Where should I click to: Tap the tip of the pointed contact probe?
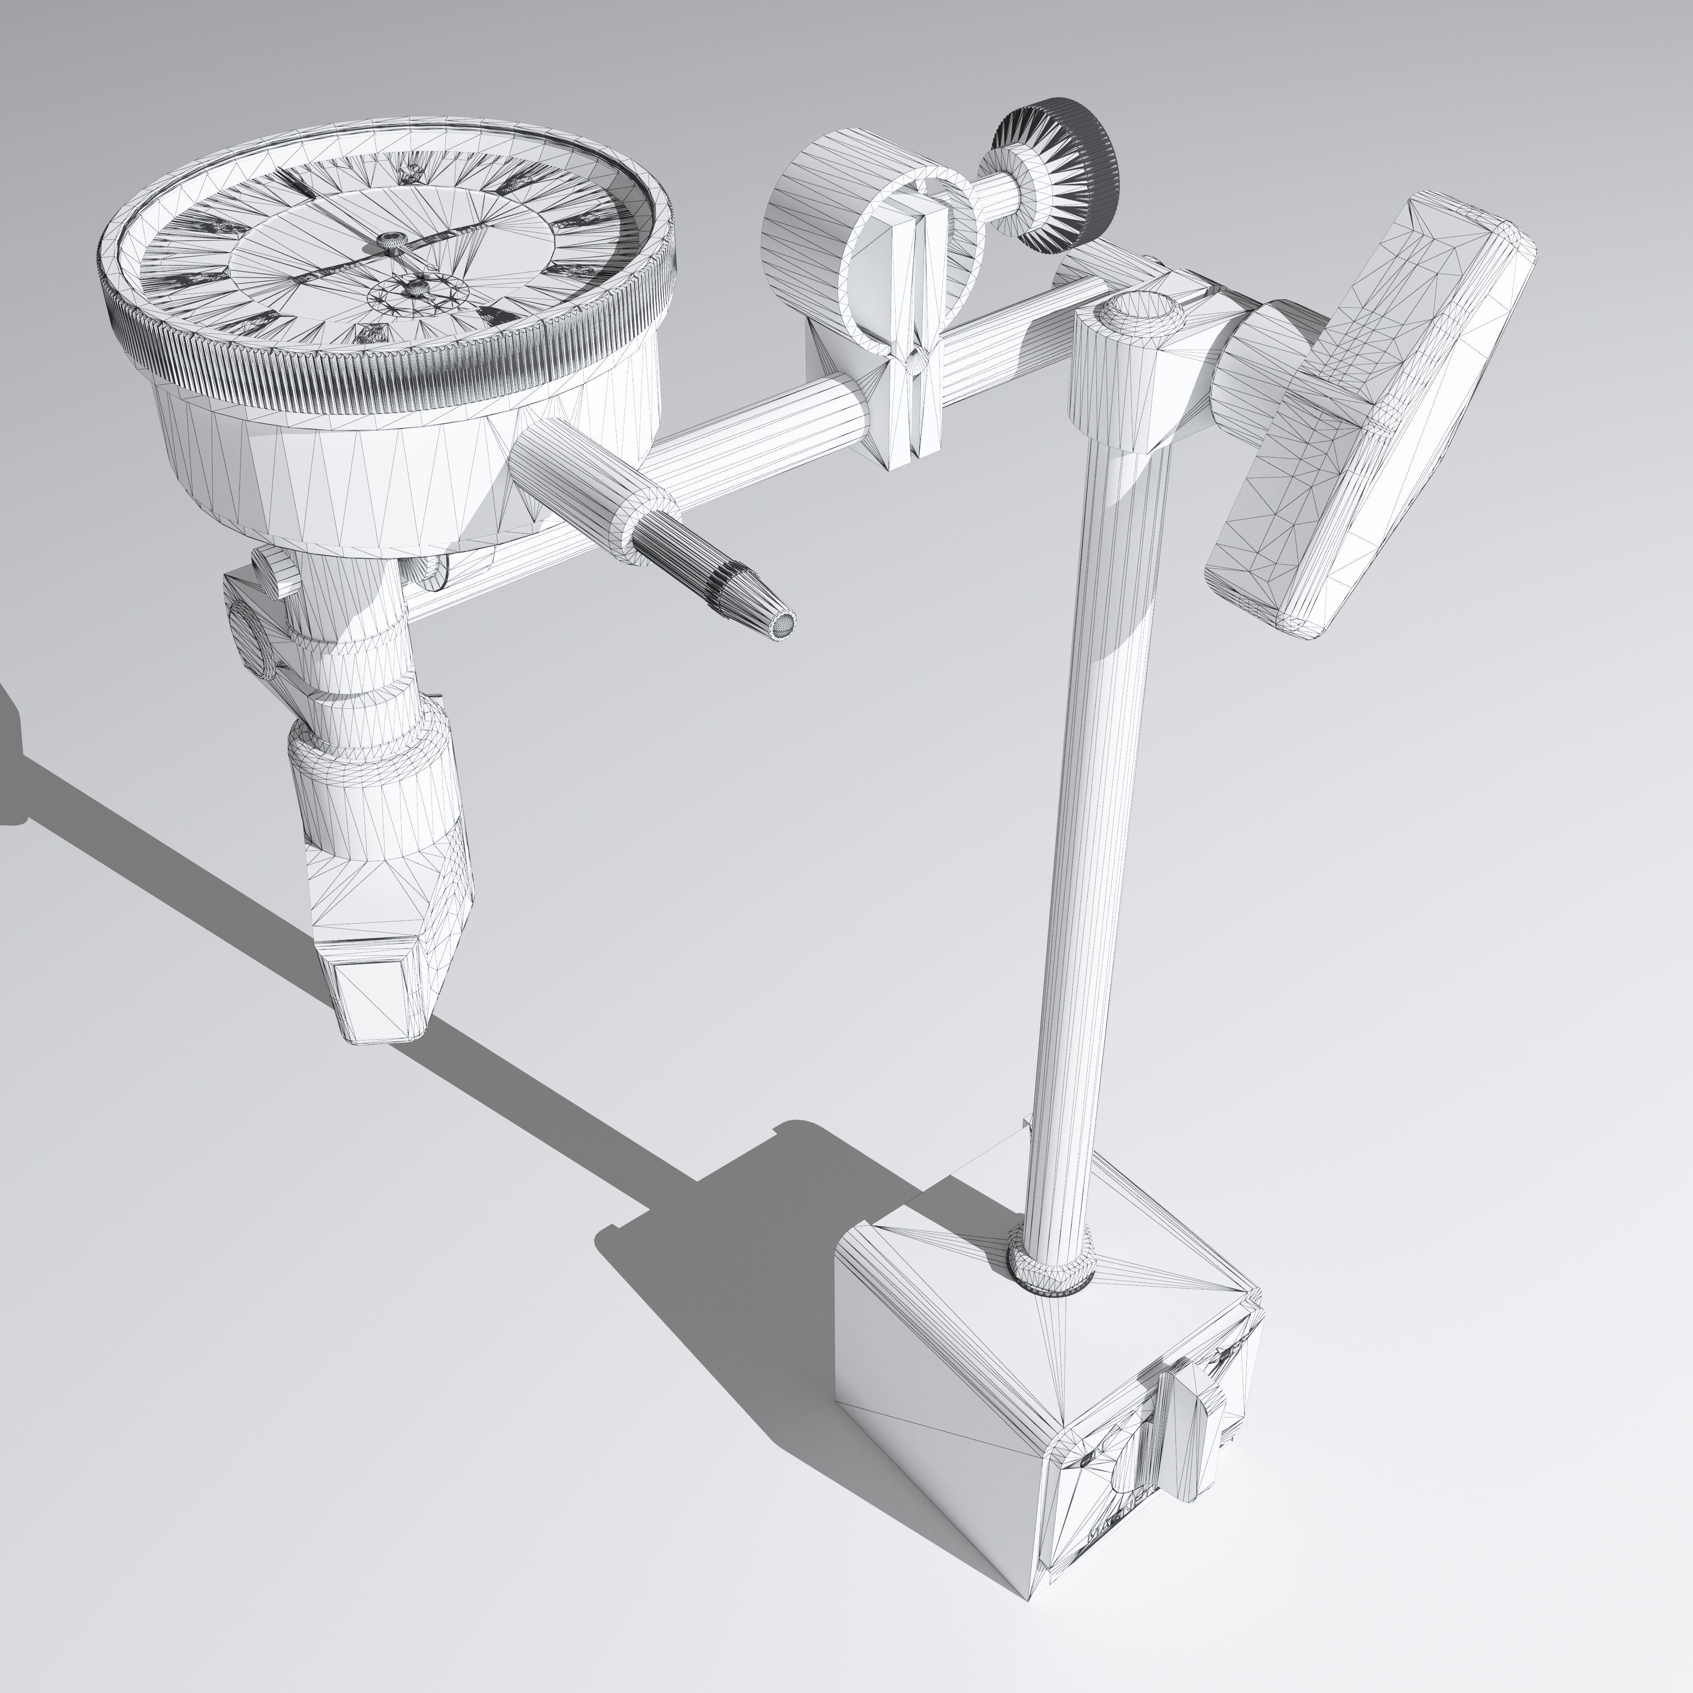783,624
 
